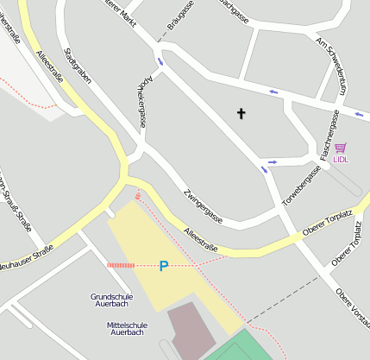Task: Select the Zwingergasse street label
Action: [x=203, y=207]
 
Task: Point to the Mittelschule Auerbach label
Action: [x=127, y=328]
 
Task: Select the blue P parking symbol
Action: [x=164, y=266]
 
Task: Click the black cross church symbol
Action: [x=241, y=113]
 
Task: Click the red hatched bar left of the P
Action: [x=121, y=266]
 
